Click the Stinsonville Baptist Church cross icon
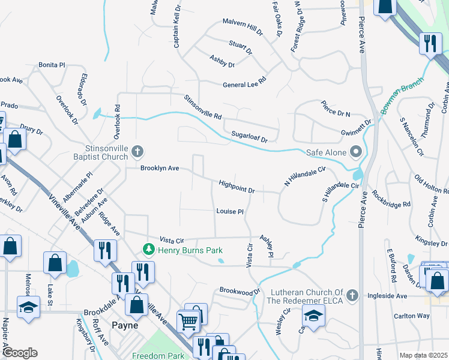click(137, 151)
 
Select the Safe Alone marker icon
click(356, 152)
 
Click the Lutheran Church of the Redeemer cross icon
click(353, 295)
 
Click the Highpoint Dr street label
click(237, 186)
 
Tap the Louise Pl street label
click(229, 212)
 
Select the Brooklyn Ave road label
click(160, 169)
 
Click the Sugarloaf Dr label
click(250, 139)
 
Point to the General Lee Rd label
click(244, 84)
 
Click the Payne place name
click(125, 325)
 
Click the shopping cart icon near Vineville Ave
click(188, 322)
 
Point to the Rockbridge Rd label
click(391, 199)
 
